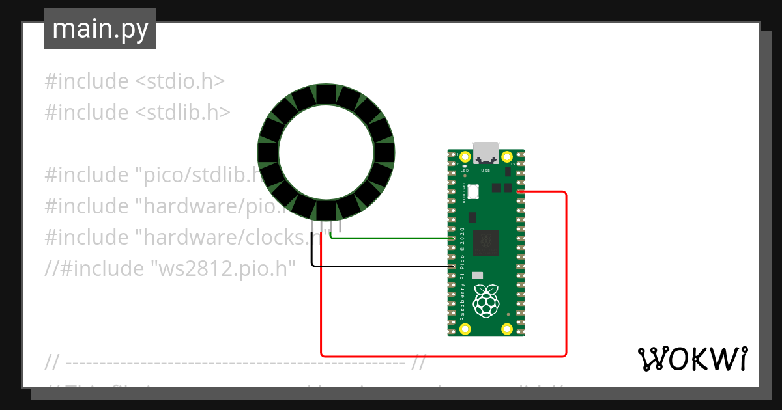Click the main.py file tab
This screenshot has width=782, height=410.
100,29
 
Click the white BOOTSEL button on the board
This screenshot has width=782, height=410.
472,191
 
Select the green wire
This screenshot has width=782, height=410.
391,238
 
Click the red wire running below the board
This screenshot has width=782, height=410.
443,356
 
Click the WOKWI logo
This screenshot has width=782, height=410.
692,359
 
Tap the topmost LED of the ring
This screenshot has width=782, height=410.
326,94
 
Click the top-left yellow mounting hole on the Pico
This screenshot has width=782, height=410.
465,157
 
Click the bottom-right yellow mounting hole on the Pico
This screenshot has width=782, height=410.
507,329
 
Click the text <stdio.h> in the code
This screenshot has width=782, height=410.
180,81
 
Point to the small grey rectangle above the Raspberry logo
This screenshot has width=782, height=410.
478,275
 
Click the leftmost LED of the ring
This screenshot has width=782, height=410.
268,153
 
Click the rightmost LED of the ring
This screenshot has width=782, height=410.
384,153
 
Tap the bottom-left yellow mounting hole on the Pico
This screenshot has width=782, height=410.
465,329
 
